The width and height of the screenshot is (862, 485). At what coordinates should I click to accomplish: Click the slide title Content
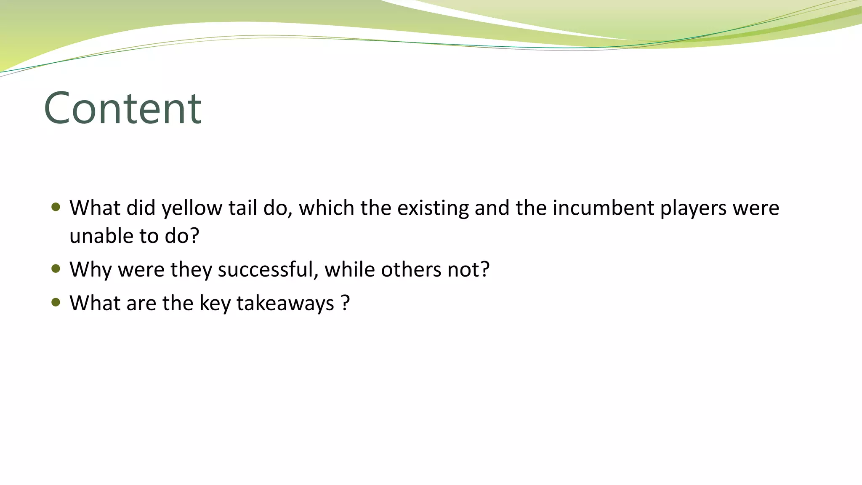click(122, 109)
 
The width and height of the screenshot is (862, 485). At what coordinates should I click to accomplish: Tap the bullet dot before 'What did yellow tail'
click(56, 207)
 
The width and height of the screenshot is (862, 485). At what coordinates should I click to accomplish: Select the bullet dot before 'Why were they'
click(56, 269)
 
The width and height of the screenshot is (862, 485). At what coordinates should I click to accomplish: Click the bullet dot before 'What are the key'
click(56, 302)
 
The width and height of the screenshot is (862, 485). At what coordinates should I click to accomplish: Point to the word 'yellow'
click(192, 209)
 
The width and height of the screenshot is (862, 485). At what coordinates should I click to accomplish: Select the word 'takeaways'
click(285, 304)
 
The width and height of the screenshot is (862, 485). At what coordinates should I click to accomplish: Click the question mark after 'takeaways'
click(346, 303)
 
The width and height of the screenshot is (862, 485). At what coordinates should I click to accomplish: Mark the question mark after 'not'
click(485, 269)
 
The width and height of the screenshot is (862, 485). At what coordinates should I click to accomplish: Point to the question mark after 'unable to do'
click(194, 236)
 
